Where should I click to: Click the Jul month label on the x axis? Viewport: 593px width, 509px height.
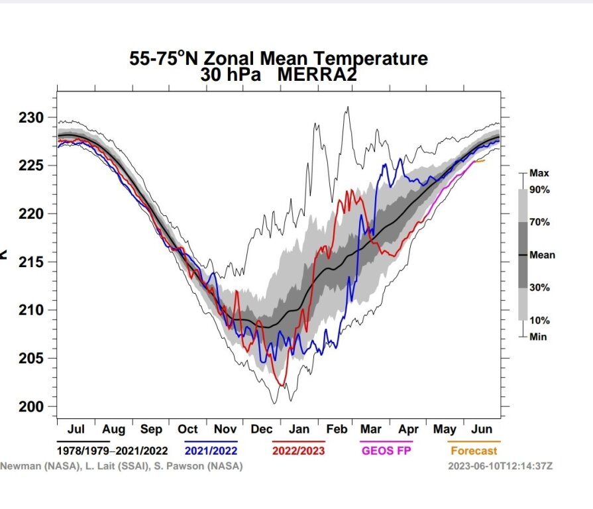(x=76, y=429)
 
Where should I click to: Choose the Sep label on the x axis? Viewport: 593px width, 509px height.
(x=151, y=429)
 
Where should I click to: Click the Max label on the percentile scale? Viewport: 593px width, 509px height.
(x=539, y=173)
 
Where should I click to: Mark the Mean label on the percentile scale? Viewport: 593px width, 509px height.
(x=541, y=254)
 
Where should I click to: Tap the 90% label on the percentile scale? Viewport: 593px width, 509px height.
(x=539, y=190)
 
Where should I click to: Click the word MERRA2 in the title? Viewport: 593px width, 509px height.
(x=317, y=74)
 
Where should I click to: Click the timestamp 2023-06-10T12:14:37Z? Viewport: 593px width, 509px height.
(x=500, y=466)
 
